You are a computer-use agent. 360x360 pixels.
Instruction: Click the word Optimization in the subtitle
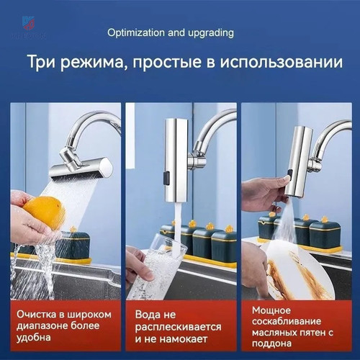point(136,32)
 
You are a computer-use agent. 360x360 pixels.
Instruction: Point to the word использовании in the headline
point(282,62)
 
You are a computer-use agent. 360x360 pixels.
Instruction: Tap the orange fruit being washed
point(45,212)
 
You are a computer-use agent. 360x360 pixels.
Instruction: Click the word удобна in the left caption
point(34,338)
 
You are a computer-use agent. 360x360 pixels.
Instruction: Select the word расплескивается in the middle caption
point(178,327)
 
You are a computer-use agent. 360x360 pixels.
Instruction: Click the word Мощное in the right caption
point(271,310)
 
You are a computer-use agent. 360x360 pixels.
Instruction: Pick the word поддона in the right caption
point(271,343)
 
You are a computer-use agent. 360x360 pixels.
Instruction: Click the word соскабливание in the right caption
point(287,321)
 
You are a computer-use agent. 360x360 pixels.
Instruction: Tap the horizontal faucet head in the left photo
point(81,169)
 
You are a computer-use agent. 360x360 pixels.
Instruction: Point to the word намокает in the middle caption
point(184,339)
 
